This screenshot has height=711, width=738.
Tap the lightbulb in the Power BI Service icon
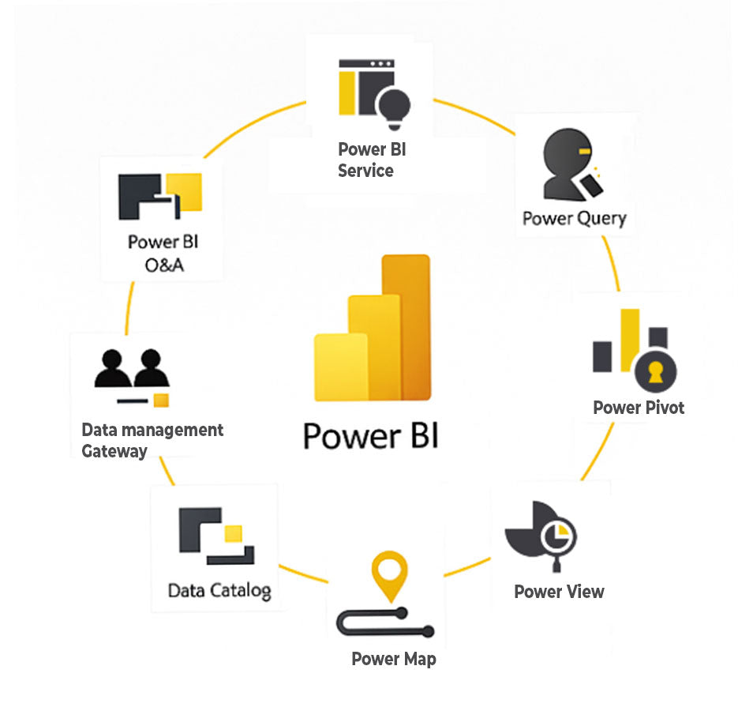[x=394, y=106]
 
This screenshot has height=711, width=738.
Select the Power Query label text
[x=574, y=219]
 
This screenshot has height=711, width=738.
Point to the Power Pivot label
[x=639, y=408]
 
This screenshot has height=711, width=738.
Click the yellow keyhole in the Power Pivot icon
[x=655, y=372]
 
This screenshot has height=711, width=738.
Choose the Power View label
[x=559, y=592]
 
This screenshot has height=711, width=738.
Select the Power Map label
[x=393, y=659]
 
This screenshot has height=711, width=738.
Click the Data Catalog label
[x=219, y=590]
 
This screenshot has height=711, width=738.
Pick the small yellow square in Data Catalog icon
[x=233, y=533]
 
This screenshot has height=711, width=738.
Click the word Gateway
[x=114, y=452]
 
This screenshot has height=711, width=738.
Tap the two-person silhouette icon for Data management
[x=132, y=368]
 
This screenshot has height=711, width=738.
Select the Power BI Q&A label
[x=164, y=253]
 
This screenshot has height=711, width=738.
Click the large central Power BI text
[x=370, y=435]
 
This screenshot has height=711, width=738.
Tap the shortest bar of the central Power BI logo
[x=340, y=367]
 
